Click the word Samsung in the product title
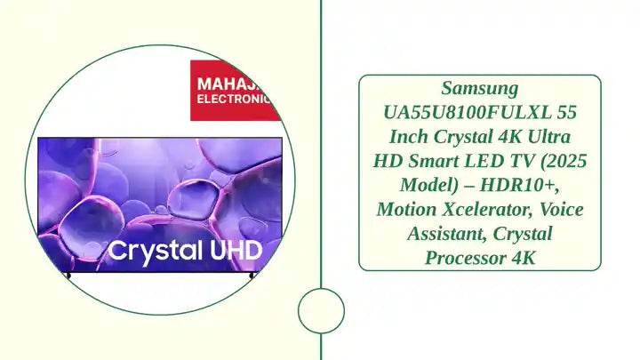(479, 89)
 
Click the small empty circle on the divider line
(321, 311)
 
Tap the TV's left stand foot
(68, 275)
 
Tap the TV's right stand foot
(252, 275)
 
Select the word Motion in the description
(404, 210)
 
